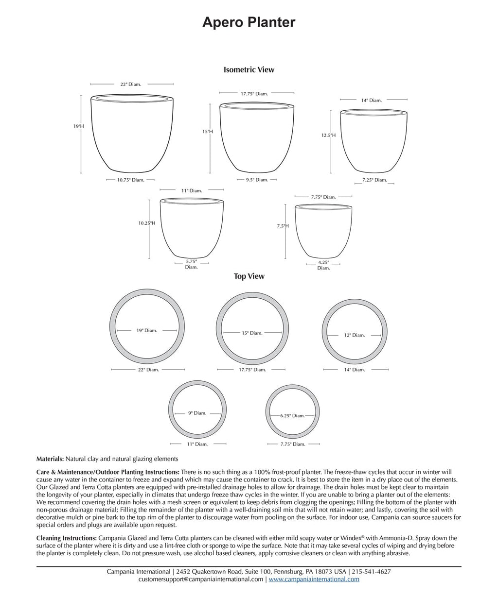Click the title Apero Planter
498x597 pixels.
click(249, 22)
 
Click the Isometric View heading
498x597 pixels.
click(249, 69)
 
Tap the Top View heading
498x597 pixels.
click(249, 276)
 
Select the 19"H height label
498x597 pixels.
click(79, 126)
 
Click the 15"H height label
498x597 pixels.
click(208, 131)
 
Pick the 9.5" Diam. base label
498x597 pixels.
click(256, 180)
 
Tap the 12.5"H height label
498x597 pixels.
click(328, 136)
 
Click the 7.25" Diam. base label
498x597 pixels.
click(374, 180)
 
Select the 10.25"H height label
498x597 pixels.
click(146, 223)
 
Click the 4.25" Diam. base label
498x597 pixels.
click(323, 265)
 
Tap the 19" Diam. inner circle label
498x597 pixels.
click(146, 330)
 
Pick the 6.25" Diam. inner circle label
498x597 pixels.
click(292, 416)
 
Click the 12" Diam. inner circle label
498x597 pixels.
click(355, 335)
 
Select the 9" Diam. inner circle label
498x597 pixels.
click(197, 413)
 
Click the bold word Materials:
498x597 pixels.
click(50, 459)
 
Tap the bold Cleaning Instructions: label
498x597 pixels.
click(67, 538)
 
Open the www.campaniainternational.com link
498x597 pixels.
click(314, 579)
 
